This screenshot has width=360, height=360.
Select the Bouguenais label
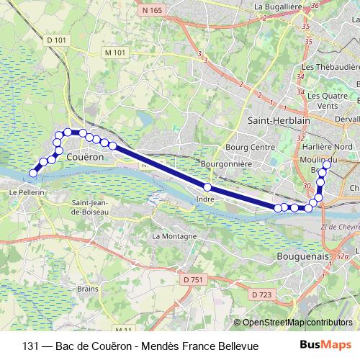(x=303, y=256)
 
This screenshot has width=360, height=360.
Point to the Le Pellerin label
(x=27, y=194)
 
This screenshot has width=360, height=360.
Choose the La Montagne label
(x=174, y=236)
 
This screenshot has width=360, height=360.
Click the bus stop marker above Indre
(x=207, y=187)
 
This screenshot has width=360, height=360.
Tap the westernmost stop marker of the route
(x=33, y=173)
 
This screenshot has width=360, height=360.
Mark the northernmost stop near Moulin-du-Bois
(x=326, y=165)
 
